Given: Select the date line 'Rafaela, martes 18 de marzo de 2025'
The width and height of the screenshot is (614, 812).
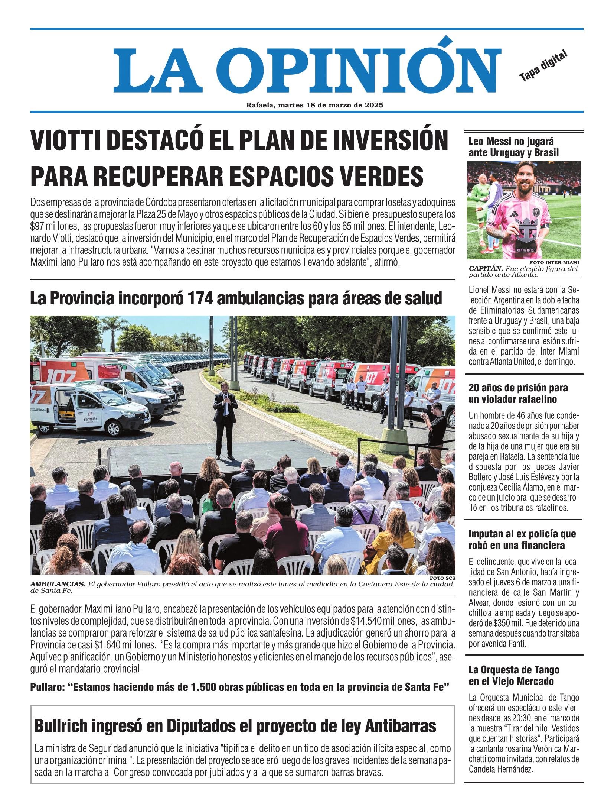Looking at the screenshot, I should point(314,105).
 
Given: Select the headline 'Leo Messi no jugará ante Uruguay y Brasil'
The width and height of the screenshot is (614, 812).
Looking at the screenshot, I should point(513,147).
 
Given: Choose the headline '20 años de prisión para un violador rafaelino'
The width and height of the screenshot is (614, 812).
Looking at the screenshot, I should point(518,394).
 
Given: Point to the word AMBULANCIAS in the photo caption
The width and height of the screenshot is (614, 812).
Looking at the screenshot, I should point(58,584).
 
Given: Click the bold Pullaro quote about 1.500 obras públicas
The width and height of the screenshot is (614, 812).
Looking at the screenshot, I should point(240,687).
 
